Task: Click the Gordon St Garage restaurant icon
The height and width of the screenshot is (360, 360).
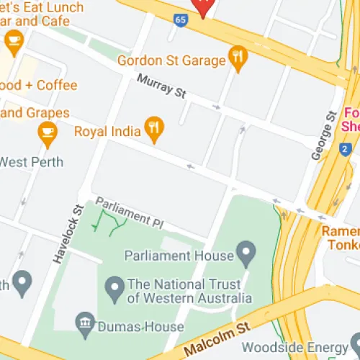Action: tap(237, 55)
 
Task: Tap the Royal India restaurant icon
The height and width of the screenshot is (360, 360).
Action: tap(153, 130)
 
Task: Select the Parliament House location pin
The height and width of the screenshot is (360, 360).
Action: tap(247, 253)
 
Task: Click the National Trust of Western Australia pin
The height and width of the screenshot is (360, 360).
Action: tap(114, 290)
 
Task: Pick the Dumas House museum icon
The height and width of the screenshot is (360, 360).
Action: tap(85, 320)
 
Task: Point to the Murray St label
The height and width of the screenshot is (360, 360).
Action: tap(161, 89)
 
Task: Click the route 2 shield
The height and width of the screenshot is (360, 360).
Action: tap(345, 149)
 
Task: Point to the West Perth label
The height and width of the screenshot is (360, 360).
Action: tap(32, 161)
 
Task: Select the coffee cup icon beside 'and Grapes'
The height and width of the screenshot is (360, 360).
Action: tap(48, 131)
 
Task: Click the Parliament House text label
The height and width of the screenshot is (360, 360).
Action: tap(179, 255)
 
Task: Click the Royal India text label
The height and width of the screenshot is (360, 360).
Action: tap(107, 131)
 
